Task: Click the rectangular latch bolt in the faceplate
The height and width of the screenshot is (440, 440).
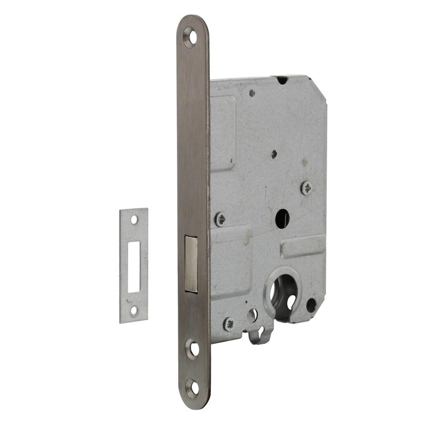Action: click(x=191, y=264)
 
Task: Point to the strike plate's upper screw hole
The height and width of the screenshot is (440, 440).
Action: click(x=134, y=220)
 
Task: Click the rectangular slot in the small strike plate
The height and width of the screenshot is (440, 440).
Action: click(x=134, y=267)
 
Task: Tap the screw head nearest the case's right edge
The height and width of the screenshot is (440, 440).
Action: click(x=307, y=188)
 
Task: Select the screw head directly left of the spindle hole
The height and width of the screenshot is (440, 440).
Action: click(x=220, y=219)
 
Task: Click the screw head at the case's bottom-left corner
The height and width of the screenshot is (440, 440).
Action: click(x=229, y=324)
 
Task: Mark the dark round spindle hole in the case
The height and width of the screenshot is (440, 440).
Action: click(x=282, y=219)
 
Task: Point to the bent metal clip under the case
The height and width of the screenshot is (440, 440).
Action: click(x=260, y=336)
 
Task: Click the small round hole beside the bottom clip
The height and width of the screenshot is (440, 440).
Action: click(x=252, y=315)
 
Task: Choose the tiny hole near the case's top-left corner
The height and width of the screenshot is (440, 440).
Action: click(x=252, y=93)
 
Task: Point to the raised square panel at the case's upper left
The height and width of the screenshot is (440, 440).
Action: click(x=224, y=132)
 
